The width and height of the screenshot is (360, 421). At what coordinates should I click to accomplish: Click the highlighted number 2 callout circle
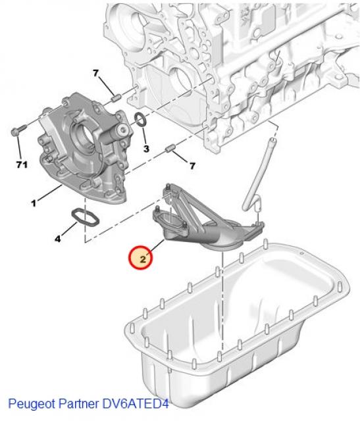pos(141,257)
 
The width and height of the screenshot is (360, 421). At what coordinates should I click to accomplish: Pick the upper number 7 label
pos(94,72)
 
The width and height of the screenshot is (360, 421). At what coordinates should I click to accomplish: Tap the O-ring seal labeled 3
pos(140,119)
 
